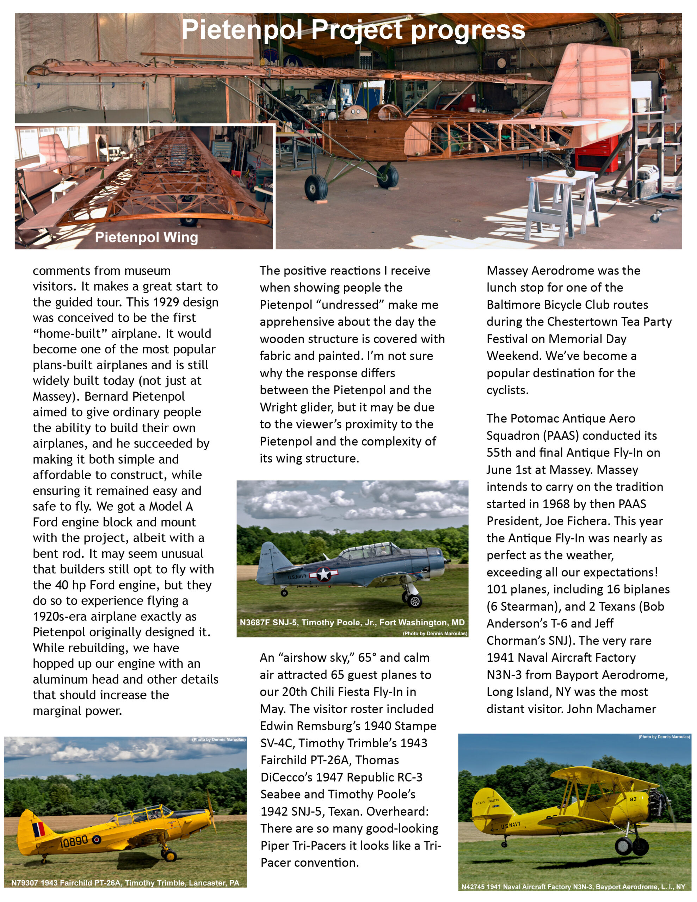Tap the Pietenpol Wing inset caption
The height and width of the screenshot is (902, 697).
146,237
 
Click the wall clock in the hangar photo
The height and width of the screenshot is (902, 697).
501,63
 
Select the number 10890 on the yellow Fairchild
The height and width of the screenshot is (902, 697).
74,841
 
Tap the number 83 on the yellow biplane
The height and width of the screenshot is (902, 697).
633,799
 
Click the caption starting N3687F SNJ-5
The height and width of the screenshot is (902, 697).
352,622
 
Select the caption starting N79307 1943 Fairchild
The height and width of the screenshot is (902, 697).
125,883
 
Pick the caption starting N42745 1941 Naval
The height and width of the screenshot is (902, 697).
573,886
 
